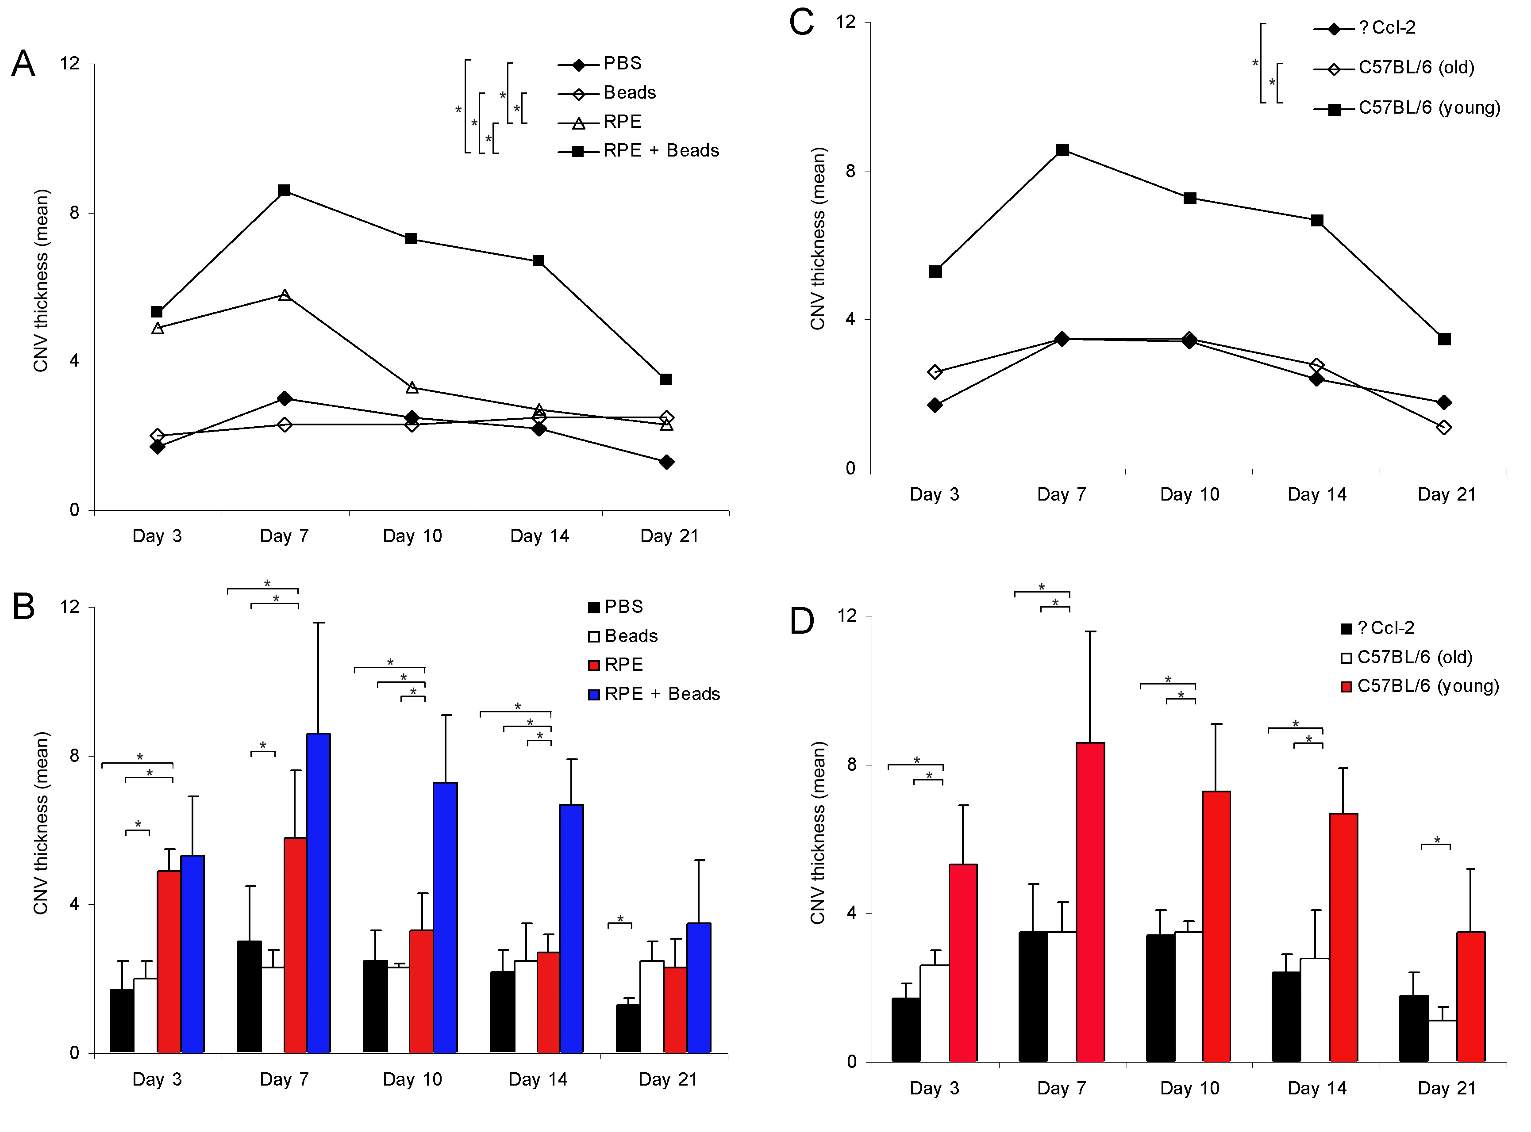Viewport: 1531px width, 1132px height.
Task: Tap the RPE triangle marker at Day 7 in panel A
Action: coord(285,295)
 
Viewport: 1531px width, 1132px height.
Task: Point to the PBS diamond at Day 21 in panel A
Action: coord(666,463)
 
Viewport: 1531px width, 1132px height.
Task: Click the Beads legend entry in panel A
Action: coord(629,92)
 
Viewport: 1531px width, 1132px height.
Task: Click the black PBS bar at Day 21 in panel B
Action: coord(628,1028)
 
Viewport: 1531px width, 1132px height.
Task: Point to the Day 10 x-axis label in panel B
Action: coord(412,1080)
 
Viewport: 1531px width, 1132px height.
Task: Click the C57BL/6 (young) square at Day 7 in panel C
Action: coord(1062,150)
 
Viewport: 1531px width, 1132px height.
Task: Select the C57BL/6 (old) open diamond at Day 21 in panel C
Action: coord(1444,428)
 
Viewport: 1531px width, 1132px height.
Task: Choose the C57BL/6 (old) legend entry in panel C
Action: coord(1416,68)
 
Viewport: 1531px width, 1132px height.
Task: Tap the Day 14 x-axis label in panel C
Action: coord(1316,495)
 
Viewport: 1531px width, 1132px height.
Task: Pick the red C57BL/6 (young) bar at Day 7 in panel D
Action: coord(1090,902)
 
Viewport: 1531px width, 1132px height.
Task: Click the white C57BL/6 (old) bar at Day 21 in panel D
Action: coord(1443,1041)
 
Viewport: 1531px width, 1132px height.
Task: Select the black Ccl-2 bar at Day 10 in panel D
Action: coord(1160,998)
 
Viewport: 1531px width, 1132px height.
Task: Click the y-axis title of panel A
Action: coord(41,281)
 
